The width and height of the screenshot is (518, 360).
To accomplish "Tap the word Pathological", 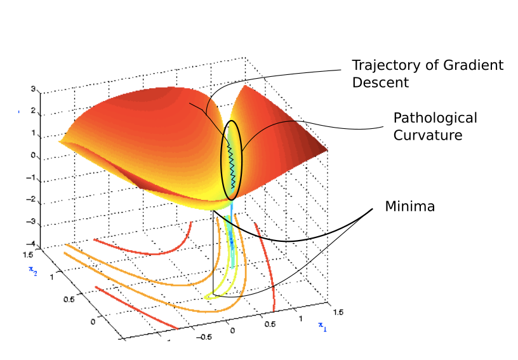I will pyautogui.click(x=435, y=119).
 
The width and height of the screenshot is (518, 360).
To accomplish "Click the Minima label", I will pyautogui.click(x=409, y=206).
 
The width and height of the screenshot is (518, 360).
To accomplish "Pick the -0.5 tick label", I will pyautogui.click(x=203, y=337).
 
